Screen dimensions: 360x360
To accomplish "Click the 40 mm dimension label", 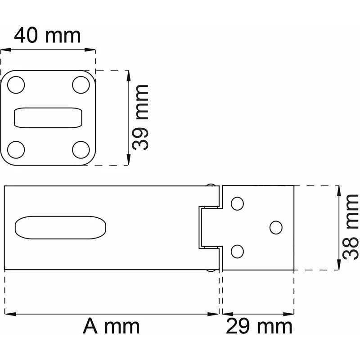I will coord(47,35).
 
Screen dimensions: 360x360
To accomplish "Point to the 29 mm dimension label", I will coord(259,326).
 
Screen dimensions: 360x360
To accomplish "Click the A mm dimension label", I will coord(111,326).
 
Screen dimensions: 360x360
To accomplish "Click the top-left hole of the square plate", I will coord(17,84).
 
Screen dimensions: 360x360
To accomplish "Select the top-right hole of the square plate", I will coord(81,84).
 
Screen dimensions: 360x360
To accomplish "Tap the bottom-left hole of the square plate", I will coord(17,149).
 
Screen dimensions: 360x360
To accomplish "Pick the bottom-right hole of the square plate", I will coord(81,149).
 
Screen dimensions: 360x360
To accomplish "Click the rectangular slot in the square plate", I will coord(49,118).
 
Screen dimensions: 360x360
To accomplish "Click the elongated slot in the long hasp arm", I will coord(61,228).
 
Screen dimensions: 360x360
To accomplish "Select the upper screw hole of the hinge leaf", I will coord(237,204).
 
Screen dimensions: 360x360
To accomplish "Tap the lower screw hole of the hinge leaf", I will coord(237,252).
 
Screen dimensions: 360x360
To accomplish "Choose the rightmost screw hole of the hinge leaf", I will coord(276,227).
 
